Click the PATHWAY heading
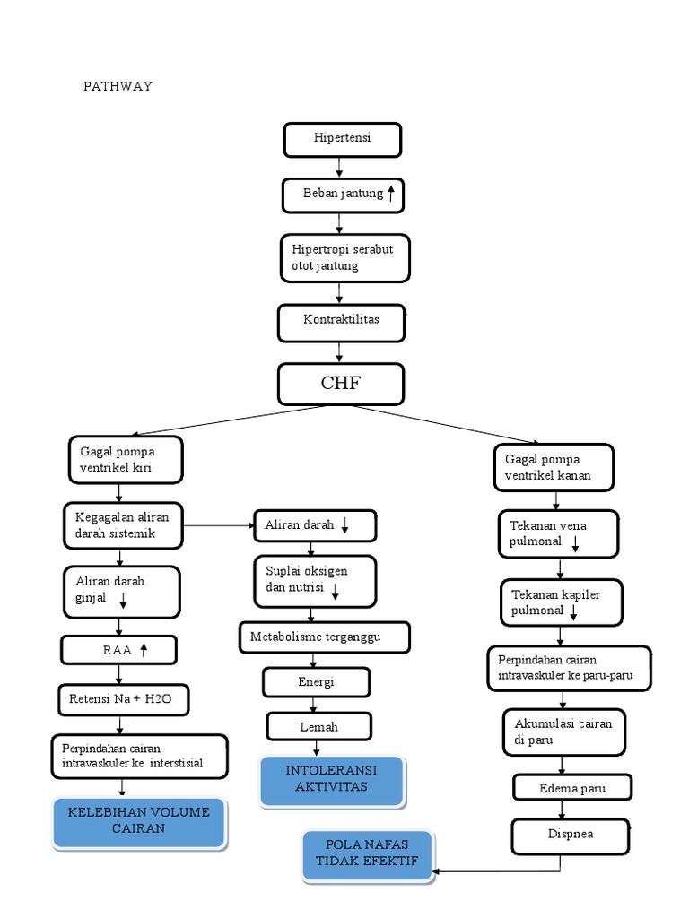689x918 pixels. [x=118, y=86]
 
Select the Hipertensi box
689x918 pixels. [x=342, y=139]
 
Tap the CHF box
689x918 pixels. [x=341, y=384]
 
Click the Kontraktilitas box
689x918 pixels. [x=341, y=322]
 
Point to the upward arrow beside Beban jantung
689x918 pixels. [x=391, y=193]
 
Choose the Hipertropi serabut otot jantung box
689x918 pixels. [x=344, y=257]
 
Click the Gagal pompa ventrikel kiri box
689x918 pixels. [x=126, y=459]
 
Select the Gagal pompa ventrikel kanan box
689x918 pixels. [x=554, y=467]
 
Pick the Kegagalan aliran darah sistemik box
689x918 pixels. [x=122, y=525]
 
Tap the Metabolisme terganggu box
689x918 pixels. [x=324, y=637]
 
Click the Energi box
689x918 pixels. [x=316, y=682]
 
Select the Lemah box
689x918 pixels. [x=319, y=726]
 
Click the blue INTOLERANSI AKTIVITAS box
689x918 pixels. [x=331, y=780]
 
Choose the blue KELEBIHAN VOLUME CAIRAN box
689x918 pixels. [x=138, y=822]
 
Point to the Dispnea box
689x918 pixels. [x=571, y=835]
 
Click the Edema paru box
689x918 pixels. [x=572, y=788]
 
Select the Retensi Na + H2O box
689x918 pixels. [x=124, y=697]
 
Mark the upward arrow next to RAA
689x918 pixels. [x=144, y=651]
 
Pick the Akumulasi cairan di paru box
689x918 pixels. [x=563, y=732]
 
